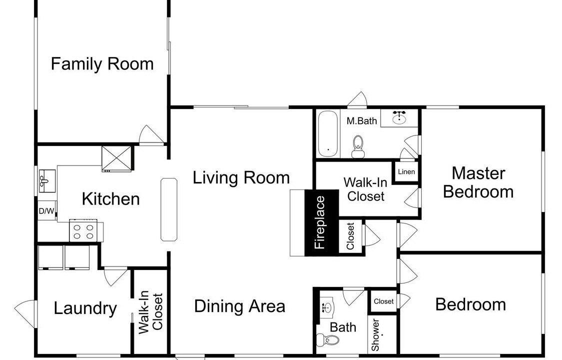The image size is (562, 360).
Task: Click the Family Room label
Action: click(102, 64)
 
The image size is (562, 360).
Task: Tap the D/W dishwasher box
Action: click(46, 211)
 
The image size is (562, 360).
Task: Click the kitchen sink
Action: click(47, 181)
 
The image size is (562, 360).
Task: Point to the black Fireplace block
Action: click(321, 222)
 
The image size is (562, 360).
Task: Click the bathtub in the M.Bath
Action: click(328, 133)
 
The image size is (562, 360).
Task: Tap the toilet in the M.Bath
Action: click(358, 146)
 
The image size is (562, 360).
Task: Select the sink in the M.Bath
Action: click(399, 118)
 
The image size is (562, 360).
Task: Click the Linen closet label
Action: click(407, 172)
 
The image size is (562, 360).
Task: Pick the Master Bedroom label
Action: click(478, 182)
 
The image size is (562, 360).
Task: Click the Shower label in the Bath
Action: click(375, 335)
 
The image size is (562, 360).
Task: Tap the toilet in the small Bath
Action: click(328, 339)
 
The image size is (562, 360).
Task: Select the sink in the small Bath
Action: click(327, 307)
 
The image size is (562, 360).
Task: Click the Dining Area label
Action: click(240, 306)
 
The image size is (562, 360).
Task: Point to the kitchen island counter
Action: click(169, 209)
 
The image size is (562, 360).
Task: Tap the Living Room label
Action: click(241, 178)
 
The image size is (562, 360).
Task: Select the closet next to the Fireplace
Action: click(351, 236)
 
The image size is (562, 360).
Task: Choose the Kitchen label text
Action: click(111, 199)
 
